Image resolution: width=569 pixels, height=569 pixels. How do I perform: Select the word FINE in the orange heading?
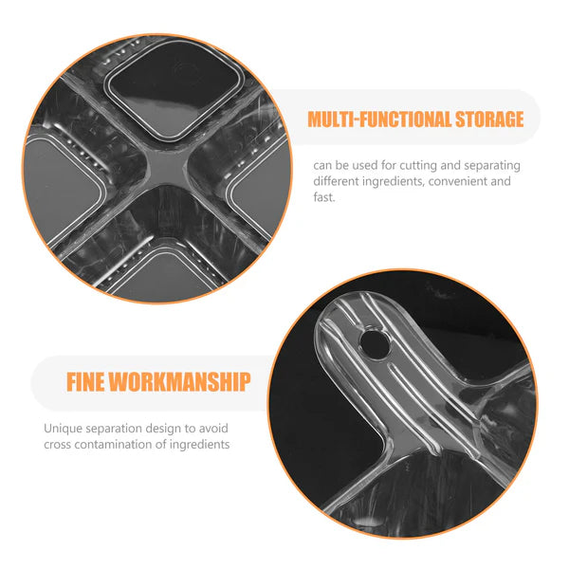click(x=85, y=382)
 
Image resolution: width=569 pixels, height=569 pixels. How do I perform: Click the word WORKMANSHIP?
click(x=179, y=382)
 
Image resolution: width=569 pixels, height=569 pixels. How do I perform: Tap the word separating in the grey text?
click(x=492, y=166)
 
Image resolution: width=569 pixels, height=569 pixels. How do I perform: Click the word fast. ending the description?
click(x=324, y=197)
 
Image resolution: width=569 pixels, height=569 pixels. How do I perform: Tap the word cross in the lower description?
click(x=57, y=445)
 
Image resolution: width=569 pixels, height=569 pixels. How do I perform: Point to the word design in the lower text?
click(x=162, y=429)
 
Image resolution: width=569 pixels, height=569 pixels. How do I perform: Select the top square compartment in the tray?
click(x=174, y=89)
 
